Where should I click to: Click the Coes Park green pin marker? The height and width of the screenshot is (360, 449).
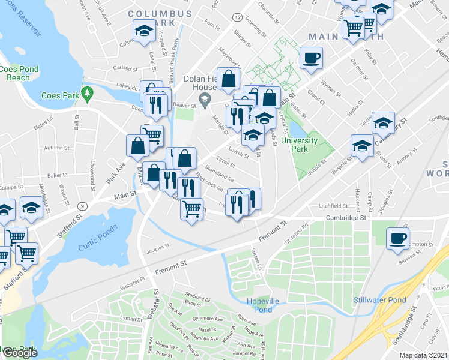[88, 94]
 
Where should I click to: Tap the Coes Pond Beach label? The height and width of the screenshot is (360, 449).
[19, 73]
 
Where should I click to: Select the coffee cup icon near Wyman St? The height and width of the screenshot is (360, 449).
[310, 58]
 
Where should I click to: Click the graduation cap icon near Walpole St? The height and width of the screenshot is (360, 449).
[362, 145]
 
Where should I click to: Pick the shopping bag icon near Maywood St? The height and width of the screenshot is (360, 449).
[229, 77]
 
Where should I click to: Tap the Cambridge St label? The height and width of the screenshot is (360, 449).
[346, 218]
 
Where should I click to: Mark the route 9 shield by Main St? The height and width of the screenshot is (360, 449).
[82, 205]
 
